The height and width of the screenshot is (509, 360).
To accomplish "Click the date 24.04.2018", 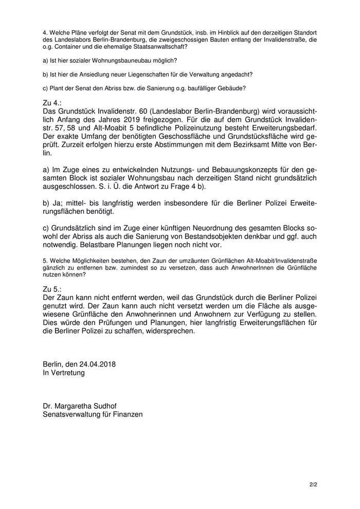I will click(x=98, y=365).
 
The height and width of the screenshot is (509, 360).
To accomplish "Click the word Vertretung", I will click(x=68, y=373).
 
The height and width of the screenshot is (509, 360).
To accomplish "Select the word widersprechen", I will click(x=168, y=332).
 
